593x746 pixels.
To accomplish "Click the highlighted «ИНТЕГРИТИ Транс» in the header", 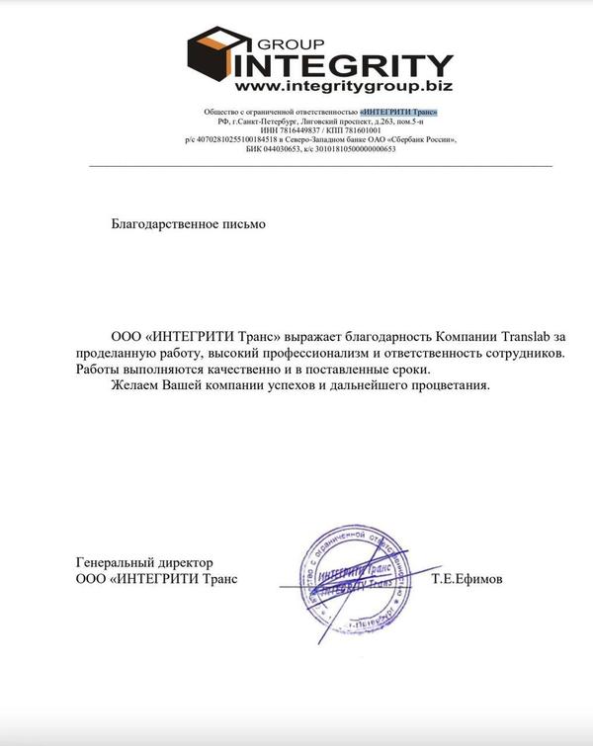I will pos(399,112).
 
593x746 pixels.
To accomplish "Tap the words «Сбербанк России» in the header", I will pos(422,139).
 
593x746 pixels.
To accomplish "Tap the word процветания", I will pos(445,384).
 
